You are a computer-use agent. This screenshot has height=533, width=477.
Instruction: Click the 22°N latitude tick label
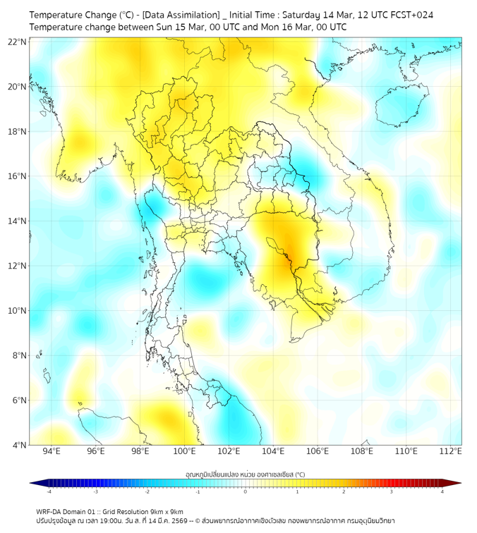(18, 42)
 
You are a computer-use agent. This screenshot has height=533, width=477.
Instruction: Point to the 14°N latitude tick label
(18, 221)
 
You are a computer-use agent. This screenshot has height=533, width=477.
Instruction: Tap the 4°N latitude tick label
(20, 445)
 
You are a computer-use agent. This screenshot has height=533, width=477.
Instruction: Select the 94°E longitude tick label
(52, 451)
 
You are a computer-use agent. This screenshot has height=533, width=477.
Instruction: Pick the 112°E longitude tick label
(450, 451)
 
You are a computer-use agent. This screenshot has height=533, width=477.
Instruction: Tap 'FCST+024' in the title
(419, 15)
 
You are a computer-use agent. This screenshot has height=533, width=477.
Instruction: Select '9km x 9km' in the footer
(165, 512)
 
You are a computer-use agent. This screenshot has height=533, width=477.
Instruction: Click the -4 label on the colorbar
(48, 491)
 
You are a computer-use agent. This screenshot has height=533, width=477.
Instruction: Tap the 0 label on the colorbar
(245, 491)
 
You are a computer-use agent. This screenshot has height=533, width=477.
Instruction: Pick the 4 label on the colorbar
(442, 491)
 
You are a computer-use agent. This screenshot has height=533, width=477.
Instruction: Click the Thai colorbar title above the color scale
(245, 474)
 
